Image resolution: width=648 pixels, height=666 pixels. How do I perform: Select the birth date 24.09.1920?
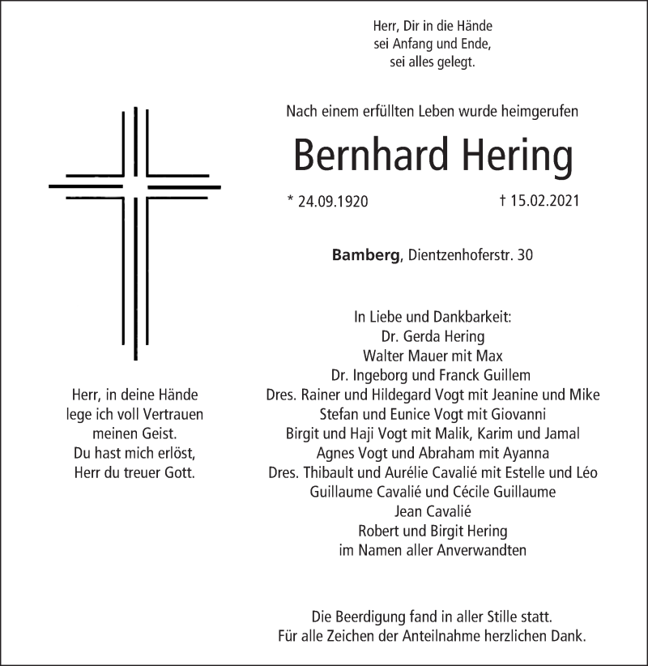(x=332, y=202)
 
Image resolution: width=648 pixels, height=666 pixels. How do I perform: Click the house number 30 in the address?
(x=525, y=255)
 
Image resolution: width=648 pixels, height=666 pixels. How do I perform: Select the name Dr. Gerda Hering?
(x=433, y=336)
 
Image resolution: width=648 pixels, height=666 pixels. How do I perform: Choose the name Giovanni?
(x=508, y=414)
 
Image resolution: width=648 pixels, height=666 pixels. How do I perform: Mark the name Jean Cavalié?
(x=433, y=511)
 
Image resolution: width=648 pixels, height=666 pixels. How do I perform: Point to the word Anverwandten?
(x=481, y=550)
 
